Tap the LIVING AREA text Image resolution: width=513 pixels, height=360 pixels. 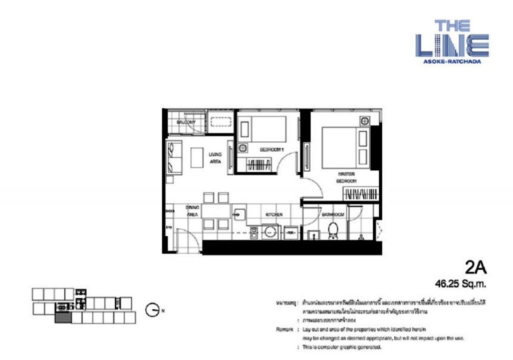click(215, 158)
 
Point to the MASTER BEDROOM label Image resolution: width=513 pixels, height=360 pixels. click(347, 177)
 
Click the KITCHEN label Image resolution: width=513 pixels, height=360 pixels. click(274, 214)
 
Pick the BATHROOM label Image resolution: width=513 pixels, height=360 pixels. click(333, 214)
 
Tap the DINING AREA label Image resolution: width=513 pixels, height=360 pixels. click(192, 210)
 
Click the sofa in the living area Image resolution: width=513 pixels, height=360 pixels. click(173, 156)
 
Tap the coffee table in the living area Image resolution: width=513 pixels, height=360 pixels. click(195, 158)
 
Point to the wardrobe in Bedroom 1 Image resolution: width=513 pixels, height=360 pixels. click(260, 164)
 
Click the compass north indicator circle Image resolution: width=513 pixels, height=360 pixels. click(152, 310)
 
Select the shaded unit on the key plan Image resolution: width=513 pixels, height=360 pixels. click(62, 317)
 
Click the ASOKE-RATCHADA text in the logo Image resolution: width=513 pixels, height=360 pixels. click(452, 62)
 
